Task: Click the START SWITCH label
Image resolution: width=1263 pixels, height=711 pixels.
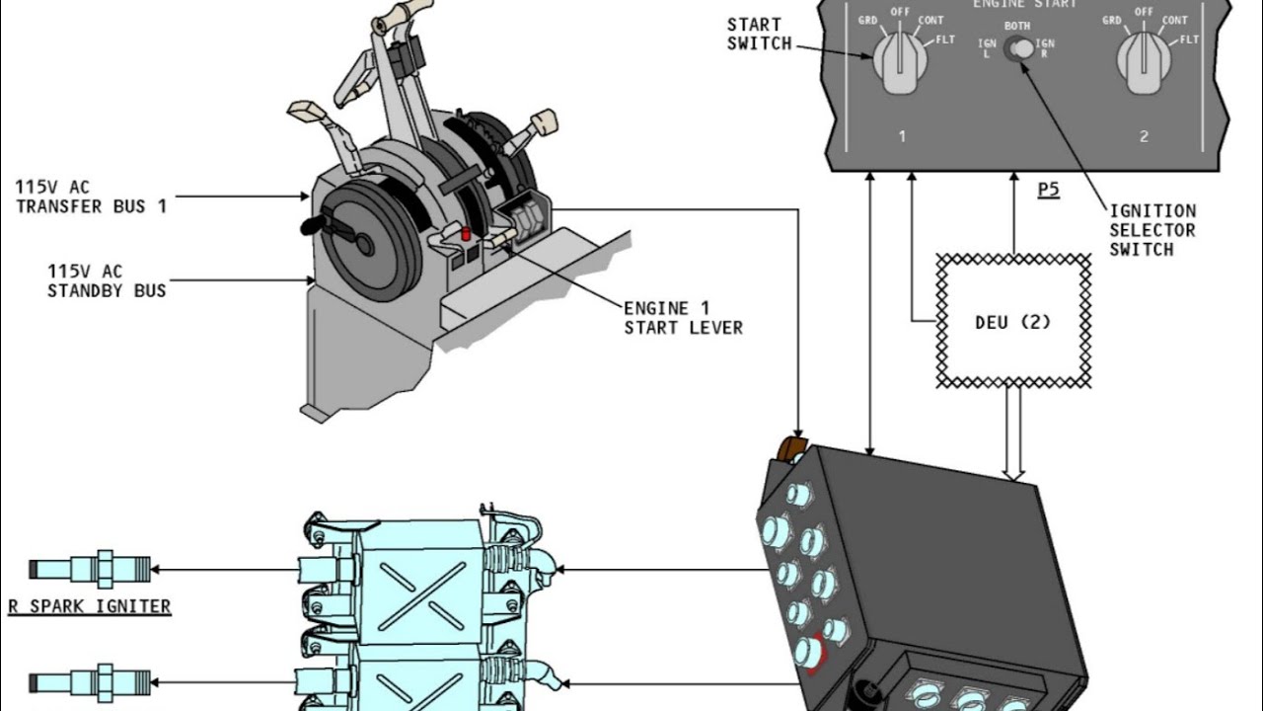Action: tap(758, 34)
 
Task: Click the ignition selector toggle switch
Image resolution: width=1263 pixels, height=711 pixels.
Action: tap(1018, 48)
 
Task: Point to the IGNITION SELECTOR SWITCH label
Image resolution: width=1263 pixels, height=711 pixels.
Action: tap(1152, 230)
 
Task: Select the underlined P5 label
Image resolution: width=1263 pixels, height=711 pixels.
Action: tap(1048, 190)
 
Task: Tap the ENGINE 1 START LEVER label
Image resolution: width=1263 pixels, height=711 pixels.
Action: tap(683, 317)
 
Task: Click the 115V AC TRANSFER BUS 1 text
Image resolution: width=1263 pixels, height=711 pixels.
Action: tap(91, 196)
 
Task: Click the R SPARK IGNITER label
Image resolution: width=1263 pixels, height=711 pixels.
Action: tap(90, 606)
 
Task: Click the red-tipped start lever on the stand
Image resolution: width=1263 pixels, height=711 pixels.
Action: tap(464, 232)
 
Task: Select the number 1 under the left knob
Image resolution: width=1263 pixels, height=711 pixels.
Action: tap(901, 137)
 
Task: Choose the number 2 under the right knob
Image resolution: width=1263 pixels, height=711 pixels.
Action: tap(1144, 137)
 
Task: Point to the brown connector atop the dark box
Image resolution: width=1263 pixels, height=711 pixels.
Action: tap(792, 449)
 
